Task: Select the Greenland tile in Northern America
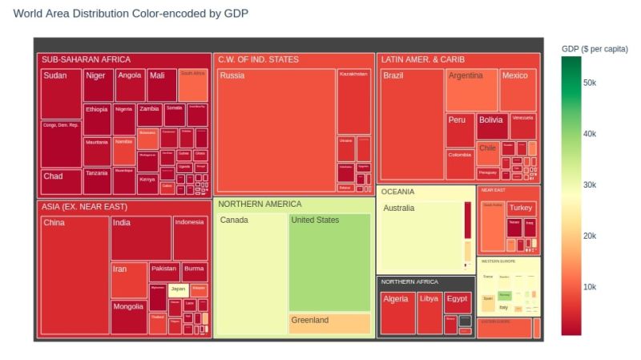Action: tap(329, 324)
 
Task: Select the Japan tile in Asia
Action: tap(178, 289)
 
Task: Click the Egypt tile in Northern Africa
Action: tap(458, 302)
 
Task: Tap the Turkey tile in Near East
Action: tap(522, 208)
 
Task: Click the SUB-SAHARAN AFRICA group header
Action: tap(86, 59)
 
